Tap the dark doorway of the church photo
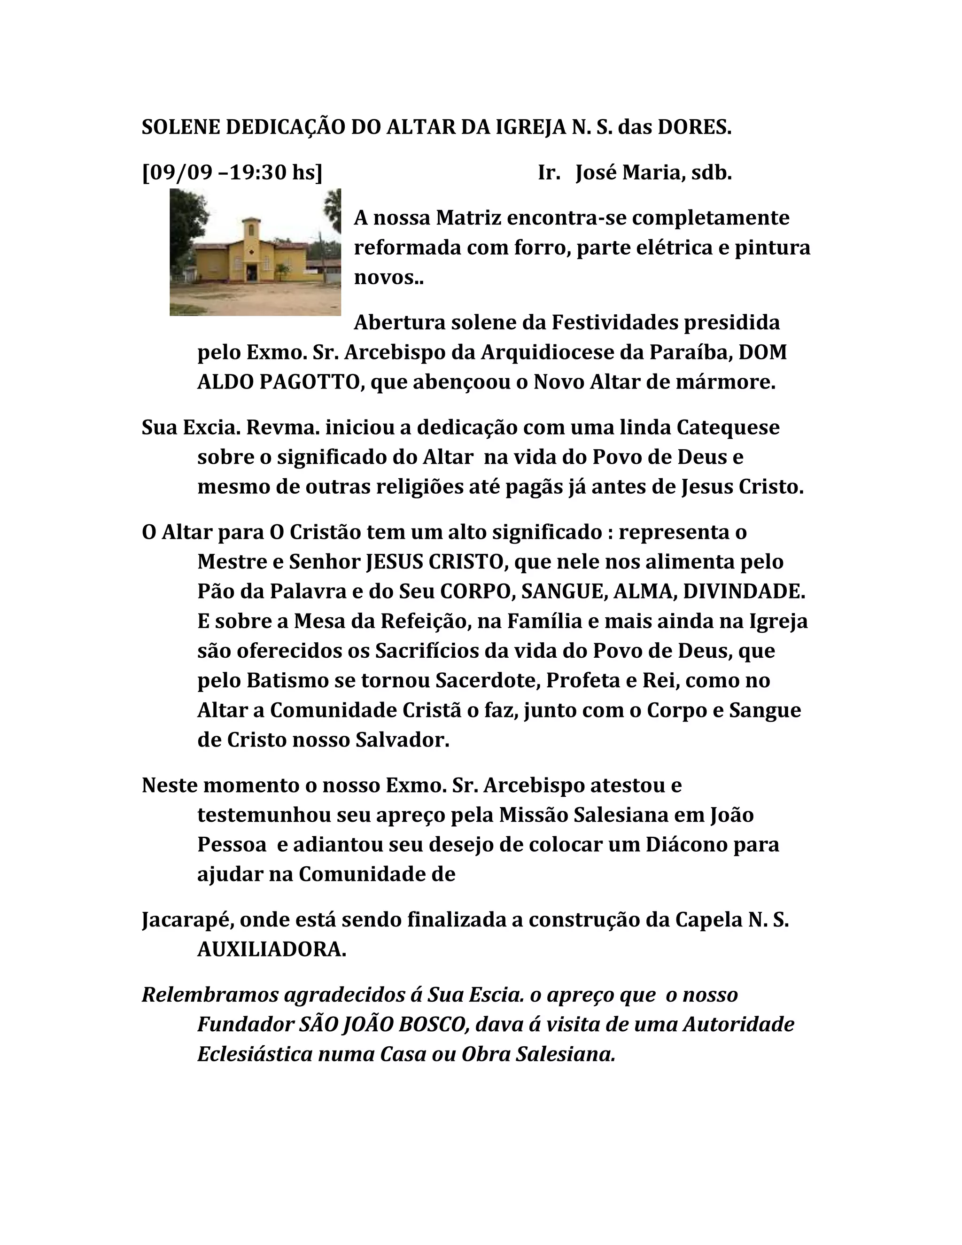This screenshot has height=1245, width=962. pos(251,271)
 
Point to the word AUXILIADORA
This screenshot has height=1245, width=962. pos(272,949)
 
